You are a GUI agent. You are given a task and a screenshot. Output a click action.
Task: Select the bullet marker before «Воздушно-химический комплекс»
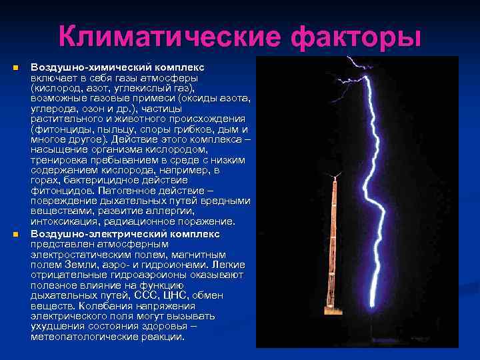click(13, 69)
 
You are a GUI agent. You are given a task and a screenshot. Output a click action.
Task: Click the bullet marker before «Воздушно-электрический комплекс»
click(13, 235)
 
